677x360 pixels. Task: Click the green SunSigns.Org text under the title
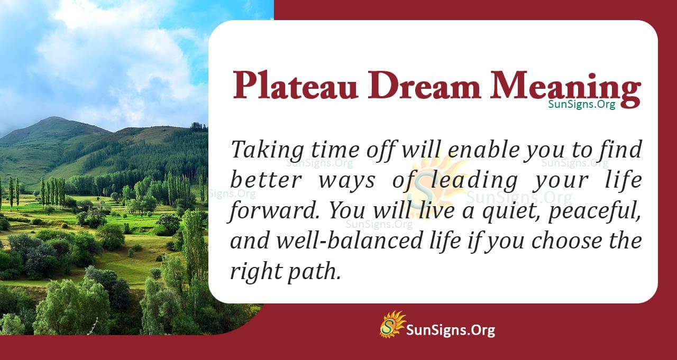click(x=582, y=105)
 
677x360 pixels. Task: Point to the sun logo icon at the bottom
click(x=392, y=325)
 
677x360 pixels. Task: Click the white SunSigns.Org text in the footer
click(x=450, y=331)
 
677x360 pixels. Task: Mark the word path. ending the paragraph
click(x=315, y=271)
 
